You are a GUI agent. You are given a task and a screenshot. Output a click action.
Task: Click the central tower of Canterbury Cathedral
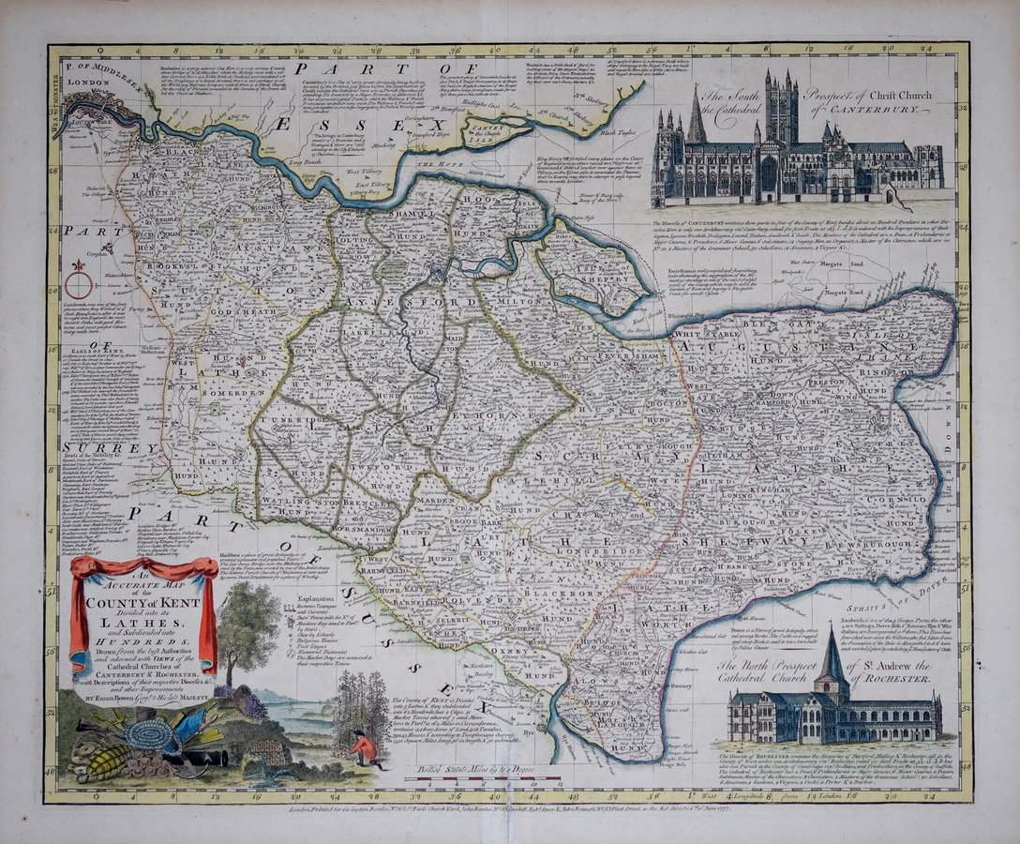780,108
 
